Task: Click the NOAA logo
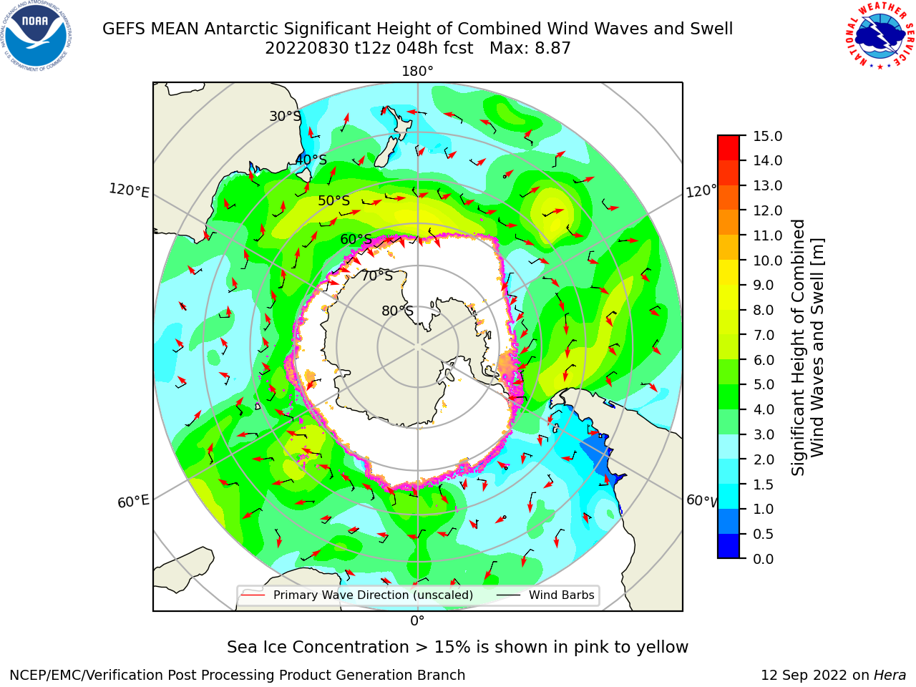click(x=36, y=36)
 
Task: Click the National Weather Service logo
click(x=880, y=36)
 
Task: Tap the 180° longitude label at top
click(x=417, y=72)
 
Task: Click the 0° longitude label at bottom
click(x=417, y=621)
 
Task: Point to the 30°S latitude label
click(x=285, y=116)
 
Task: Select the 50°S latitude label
click(x=334, y=200)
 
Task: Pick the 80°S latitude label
click(x=397, y=311)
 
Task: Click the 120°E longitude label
click(x=129, y=190)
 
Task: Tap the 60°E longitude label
click(x=133, y=502)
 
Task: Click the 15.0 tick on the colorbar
click(x=767, y=136)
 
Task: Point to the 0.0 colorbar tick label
click(x=764, y=559)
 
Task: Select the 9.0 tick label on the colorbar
click(x=764, y=286)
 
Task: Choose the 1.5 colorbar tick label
click(x=764, y=484)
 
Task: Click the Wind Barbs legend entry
click(x=545, y=595)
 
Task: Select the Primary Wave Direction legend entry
click(x=357, y=595)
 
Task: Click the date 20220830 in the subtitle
click(x=307, y=49)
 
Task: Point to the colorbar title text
click(x=807, y=347)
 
